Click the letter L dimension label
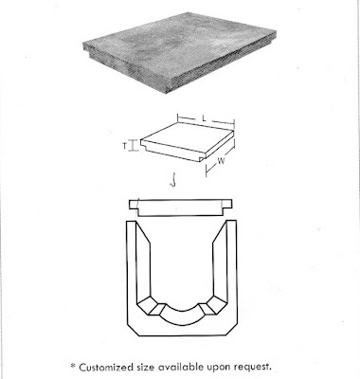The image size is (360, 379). [205, 117]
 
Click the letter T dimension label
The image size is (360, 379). [124, 146]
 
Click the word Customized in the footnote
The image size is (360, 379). [115, 365]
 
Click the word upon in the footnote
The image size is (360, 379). [232, 366]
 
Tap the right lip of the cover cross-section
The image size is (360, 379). [230, 203]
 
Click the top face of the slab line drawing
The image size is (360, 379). [186, 137]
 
